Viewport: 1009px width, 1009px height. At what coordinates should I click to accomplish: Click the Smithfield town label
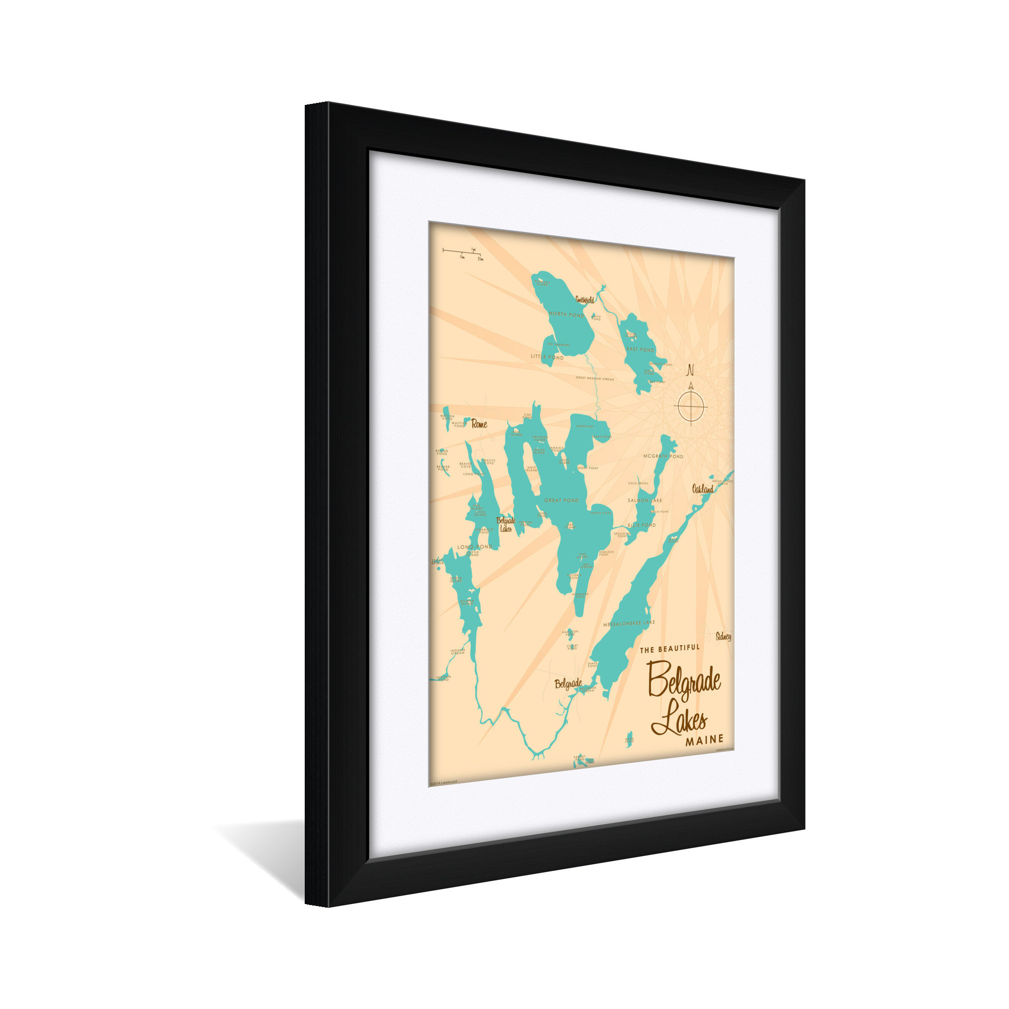584,300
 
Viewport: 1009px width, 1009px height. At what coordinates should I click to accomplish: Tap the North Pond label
566,315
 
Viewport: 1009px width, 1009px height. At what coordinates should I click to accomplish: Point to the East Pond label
640,350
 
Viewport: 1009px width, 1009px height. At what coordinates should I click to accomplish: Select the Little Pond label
547,358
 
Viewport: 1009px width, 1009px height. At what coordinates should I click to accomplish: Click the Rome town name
479,424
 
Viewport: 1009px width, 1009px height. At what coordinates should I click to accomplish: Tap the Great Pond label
562,500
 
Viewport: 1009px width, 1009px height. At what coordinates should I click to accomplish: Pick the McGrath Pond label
663,457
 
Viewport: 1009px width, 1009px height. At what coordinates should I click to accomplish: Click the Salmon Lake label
644,500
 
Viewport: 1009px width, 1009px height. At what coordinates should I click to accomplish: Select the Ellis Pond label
642,525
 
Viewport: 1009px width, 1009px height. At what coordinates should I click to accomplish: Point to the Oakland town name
702,489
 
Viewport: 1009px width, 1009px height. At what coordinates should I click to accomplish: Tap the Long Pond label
475,547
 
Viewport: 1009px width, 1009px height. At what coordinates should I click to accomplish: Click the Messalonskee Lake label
628,623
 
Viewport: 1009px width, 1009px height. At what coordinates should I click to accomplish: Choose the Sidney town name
723,637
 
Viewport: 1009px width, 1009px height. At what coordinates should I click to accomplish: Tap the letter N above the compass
690,370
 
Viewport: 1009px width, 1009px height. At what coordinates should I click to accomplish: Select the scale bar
462,251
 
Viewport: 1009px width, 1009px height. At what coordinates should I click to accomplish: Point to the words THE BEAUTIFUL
669,648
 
